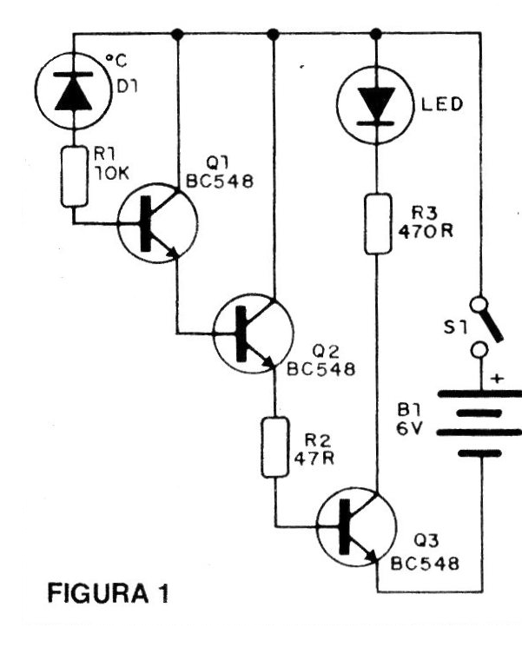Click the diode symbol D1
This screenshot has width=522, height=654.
pos(73,94)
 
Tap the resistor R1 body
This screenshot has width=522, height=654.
pos(73,175)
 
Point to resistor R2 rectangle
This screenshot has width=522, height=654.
pos(275,446)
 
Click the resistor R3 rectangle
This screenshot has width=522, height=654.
pos(375,223)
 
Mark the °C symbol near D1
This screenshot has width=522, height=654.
pos(116,61)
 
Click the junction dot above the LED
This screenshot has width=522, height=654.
pos(375,34)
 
